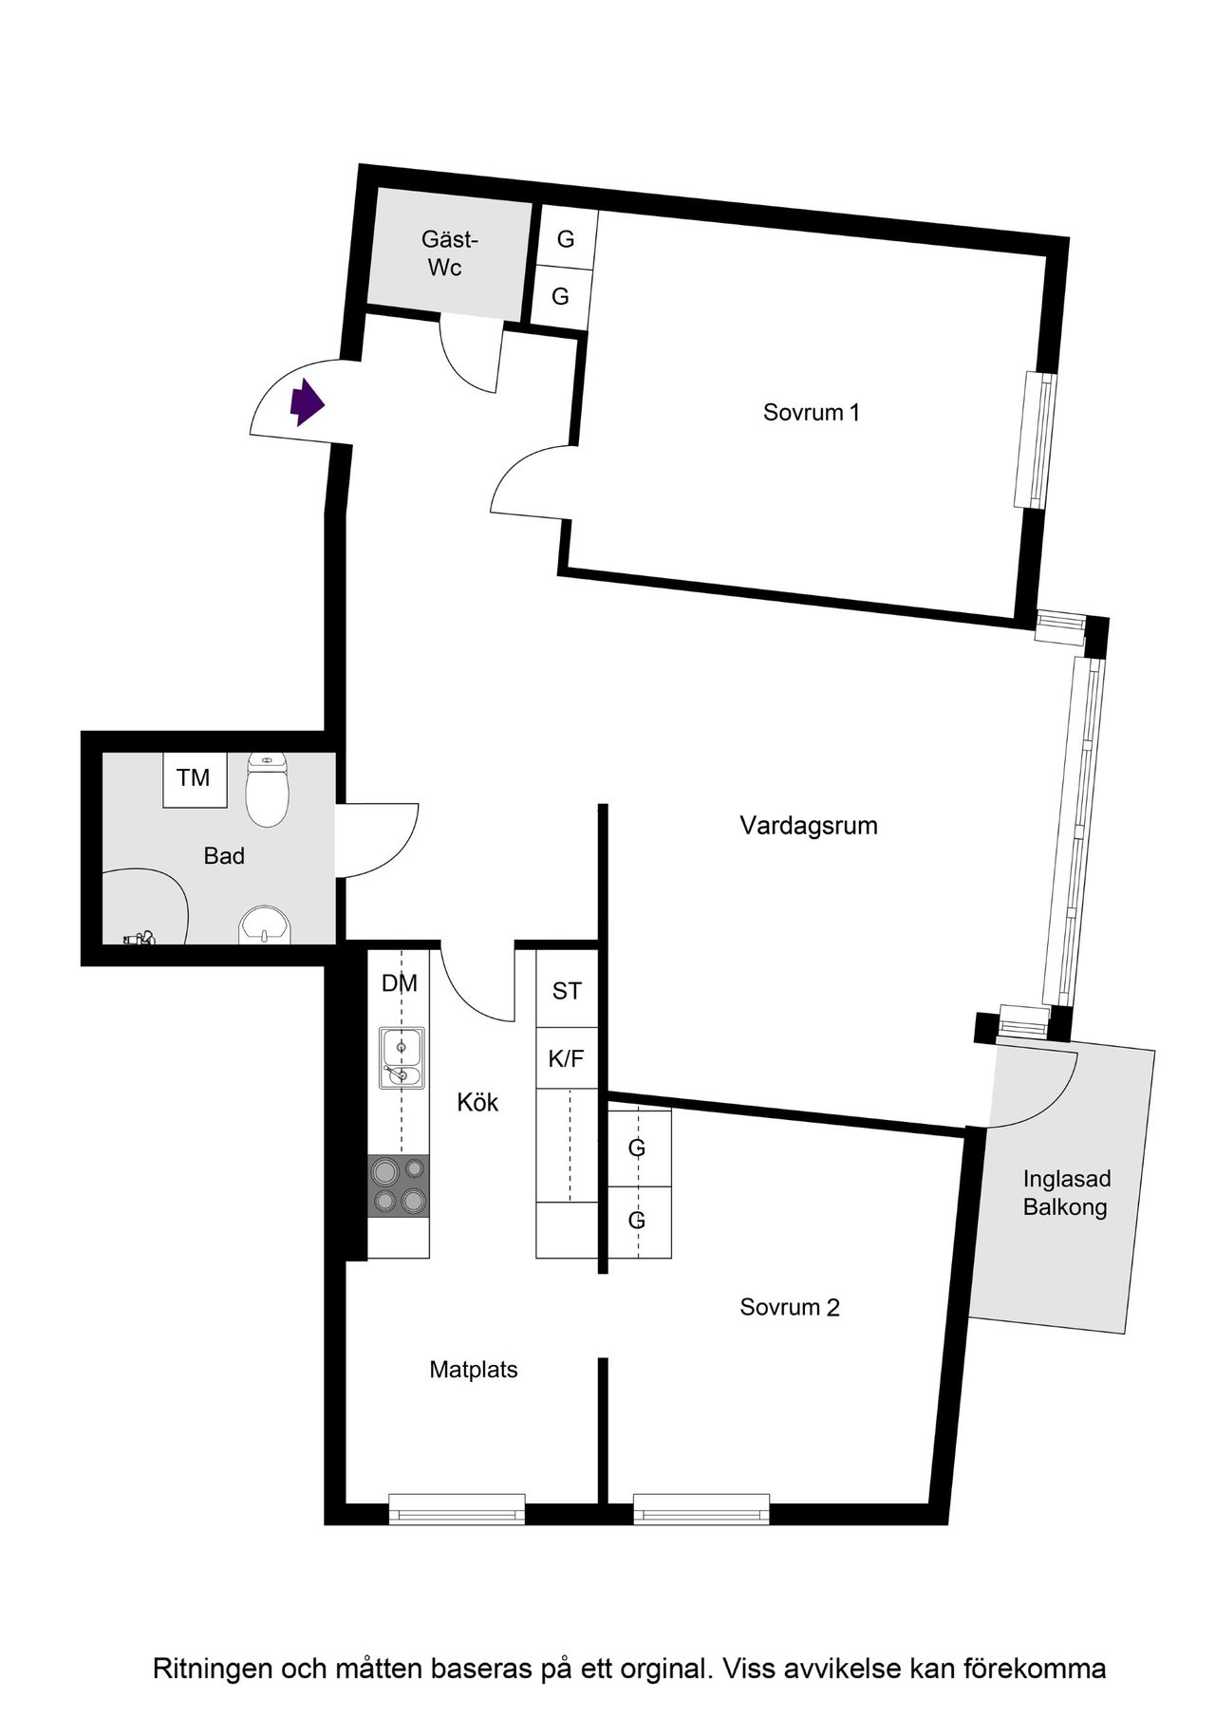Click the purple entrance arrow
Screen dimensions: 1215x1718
click(307, 402)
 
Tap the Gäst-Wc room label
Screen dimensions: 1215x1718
click(448, 253)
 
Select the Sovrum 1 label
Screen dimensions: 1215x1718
click(812, 413)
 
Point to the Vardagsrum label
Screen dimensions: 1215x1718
click(809, 826)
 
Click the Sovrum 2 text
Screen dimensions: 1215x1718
click(790, 1307)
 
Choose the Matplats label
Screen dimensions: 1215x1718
click(474, 1370)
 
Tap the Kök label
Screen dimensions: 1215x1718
click(477, 1102)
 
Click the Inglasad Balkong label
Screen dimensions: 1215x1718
click(1066, 1193)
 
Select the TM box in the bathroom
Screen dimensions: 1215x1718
click(194, 779)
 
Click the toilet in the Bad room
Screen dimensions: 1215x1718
click(267, 790)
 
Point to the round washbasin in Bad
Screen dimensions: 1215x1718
click(267, 925)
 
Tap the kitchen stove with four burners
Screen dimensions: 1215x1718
click(399, 1186)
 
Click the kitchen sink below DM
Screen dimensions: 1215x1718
click(402, 1056)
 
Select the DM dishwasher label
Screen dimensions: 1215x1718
click(400, 983)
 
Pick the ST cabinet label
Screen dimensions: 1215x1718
click(567, 992)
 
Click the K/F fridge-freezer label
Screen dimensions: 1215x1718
click(567, 1058)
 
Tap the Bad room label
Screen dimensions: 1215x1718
click(224, 856)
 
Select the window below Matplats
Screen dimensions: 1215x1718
click(457, 1508)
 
